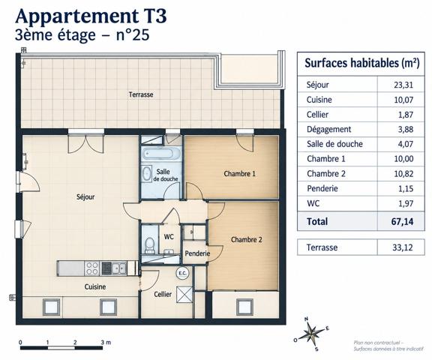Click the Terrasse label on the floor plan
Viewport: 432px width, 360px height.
click(x=141, y=94)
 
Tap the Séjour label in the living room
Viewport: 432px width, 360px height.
click(x=85, y=197)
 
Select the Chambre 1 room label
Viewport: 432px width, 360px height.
click(x=239, y=174)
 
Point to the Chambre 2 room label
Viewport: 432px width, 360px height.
click(x=246, y=240)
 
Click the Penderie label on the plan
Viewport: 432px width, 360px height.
click(x=197, y=253)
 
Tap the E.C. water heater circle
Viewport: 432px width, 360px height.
click(x=182, y=273)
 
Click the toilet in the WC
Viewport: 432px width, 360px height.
click(x=149, y=244)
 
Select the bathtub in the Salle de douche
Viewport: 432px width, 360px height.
click(x=161, y=154)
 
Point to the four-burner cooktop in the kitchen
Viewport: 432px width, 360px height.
click(x=92, y=268)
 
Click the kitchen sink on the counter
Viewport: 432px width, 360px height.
click(x=119, y=268)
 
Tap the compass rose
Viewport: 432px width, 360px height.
click(x=311, y=334)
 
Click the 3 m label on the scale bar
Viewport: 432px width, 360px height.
click(x=106, y=342)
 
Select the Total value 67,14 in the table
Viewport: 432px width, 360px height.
click(x=402, y=221)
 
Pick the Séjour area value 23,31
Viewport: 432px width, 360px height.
click(x=403, y=85)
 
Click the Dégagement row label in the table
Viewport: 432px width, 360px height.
click(x=329, y=130)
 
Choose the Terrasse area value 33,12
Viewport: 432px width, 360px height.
click(x=403, y=247)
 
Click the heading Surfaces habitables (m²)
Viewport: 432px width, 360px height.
click(x=362, y=63)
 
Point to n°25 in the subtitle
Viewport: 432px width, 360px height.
click(x=133, y=35)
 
